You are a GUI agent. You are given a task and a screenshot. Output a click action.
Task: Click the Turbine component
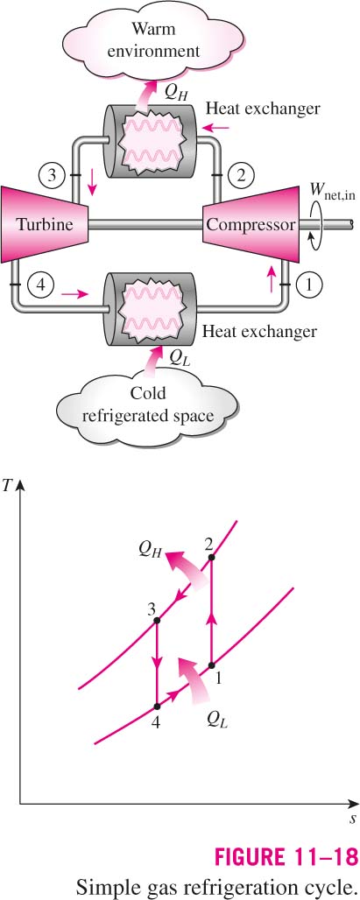point(45,223)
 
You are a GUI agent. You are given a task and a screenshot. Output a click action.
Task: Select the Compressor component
point(251,223)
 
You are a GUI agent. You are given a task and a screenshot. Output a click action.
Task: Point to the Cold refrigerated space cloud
point(147,403)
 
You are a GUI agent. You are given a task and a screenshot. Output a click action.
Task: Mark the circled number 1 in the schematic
point(310,284)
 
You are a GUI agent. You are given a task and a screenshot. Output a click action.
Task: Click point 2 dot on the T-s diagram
point(212,558)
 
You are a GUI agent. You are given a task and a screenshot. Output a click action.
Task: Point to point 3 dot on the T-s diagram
point(157,621)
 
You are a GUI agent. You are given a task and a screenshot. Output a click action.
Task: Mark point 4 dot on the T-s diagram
point(157,707)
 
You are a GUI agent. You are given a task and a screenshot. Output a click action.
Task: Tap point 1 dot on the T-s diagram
point(211,665)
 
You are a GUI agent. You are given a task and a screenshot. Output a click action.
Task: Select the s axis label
point(352,819)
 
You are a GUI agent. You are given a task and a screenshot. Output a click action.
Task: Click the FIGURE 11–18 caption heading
point(286,856)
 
